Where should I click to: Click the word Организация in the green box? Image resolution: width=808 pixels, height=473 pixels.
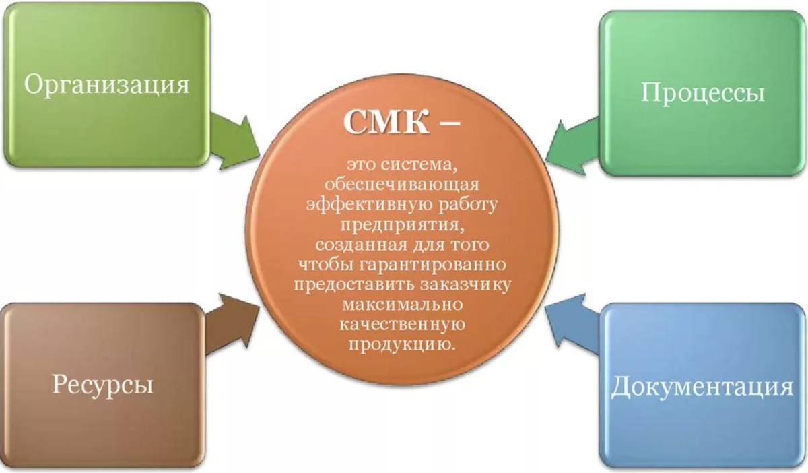coord(106,86)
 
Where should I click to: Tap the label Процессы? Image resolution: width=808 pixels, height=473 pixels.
coord(702,92)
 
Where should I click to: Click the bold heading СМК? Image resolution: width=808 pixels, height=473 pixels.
coord(380,123)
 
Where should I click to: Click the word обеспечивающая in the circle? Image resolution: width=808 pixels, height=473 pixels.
coord(402,183)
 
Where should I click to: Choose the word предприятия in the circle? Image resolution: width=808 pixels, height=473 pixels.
coord(403,223)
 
